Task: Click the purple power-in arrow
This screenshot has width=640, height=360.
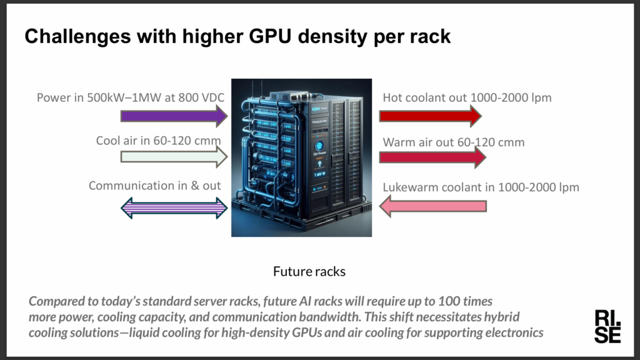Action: [174, 116]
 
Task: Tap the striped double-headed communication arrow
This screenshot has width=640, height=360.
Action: [174, 207]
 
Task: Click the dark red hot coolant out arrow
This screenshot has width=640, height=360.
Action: [430, 116]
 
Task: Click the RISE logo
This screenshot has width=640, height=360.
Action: [607, 326]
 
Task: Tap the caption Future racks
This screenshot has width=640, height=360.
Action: [309, 272]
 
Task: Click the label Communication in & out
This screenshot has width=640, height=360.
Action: [155, 186]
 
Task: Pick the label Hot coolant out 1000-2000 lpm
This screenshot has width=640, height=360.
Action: [467, 97]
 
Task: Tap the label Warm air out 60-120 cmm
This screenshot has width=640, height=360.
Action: [454, 142]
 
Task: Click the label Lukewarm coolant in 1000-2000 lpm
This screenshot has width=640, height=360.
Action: [481, 187]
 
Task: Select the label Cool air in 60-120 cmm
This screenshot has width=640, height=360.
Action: [158, 141]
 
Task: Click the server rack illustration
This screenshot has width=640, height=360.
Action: [301, 157]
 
